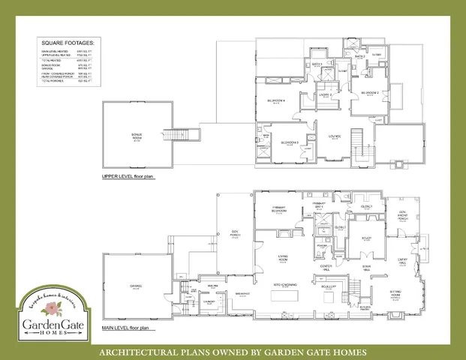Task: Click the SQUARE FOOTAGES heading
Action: tap(67, 43)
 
